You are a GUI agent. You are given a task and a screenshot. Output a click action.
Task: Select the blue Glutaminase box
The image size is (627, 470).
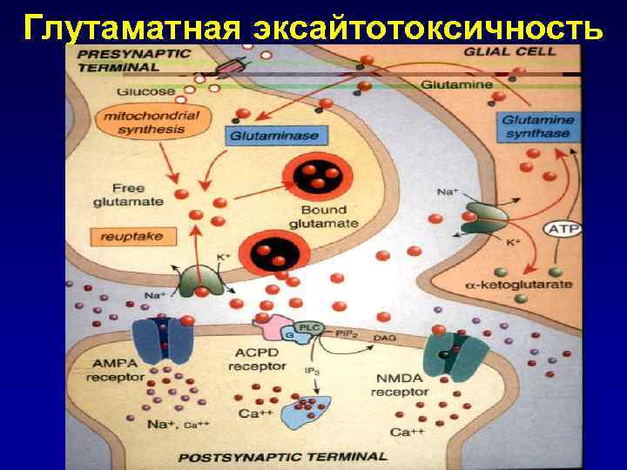click(x=273, y=136)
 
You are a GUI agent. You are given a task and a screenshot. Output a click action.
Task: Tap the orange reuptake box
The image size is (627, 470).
click(x=125, y=235)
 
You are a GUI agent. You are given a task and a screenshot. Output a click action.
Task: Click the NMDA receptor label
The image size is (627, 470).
click(x=399, y=386)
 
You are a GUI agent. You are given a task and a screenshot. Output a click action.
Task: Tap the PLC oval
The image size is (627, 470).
click(x=310, y=327)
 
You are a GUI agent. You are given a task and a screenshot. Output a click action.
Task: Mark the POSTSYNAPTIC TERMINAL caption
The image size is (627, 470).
click(x=283, y=455)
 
